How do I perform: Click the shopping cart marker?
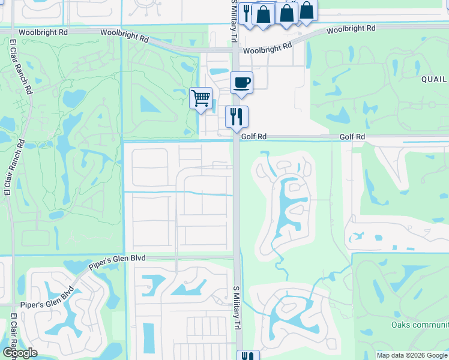coord(200,98)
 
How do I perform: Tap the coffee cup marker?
coord(241,82)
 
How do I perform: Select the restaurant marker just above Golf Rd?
coord(237,116)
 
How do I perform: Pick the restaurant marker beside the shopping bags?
coord(246,12)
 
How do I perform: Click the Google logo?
coord(19,353)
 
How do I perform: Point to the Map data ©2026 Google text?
coord(411,355)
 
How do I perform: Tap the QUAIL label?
coord(434,79)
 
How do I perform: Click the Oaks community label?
coord(420,325)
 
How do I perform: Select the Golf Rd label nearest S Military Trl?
coord(253,137)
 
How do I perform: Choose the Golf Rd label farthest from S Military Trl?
coord(352,137)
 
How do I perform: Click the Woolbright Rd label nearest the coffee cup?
coord(271,47)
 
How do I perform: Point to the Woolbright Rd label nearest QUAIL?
coord(351,28)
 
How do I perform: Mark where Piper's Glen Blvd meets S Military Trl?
coord(236,257)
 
